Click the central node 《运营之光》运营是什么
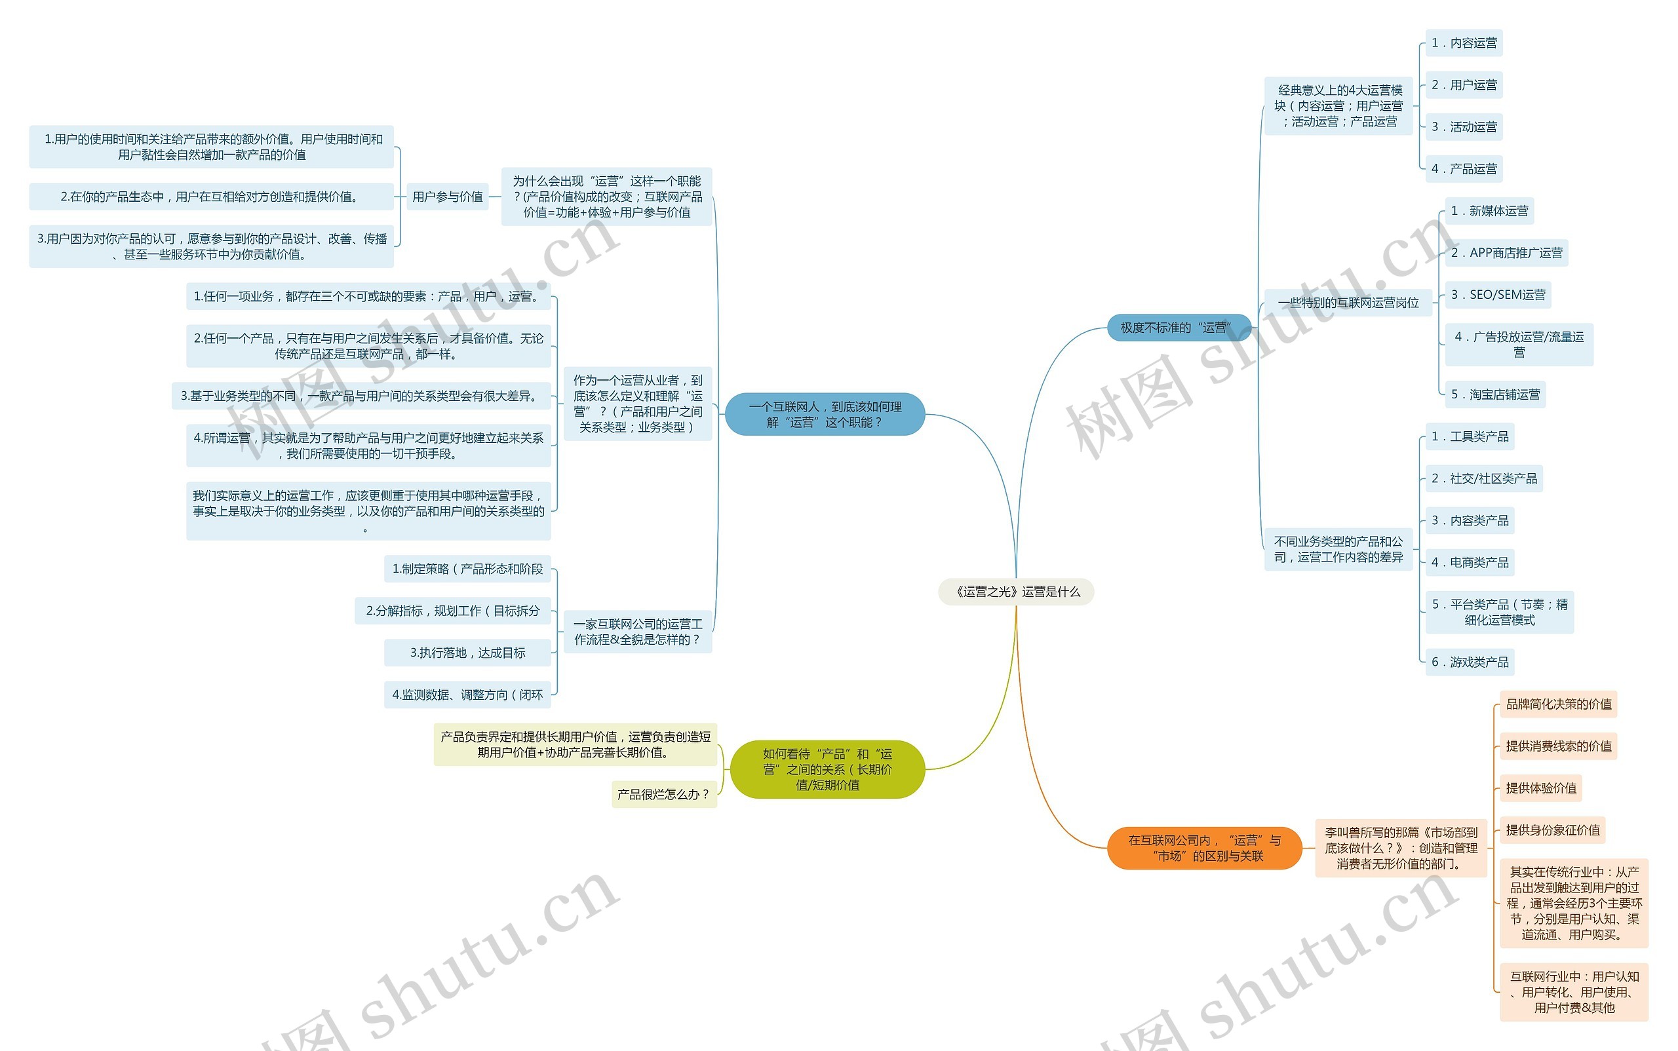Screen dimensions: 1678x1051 tap(1016, 592)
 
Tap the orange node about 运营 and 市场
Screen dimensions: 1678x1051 tap(1203, 848)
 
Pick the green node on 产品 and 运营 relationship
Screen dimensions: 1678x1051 tap(827, 769)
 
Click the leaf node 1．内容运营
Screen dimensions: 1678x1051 tap(1463, 43)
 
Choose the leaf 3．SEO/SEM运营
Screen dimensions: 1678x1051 tap(1497, 295)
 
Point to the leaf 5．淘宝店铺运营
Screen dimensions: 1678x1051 tap(1494, 395)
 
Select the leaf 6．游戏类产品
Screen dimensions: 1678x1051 tap(1470, 662)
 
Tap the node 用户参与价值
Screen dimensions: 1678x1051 tap(447, 197)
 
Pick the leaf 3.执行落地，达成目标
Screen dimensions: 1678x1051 tap(467, 653)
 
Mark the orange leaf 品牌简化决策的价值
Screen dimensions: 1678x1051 tap(1557, 704)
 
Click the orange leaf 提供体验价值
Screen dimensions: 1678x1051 tap(1540, 788)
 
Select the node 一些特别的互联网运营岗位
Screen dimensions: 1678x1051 tap(1348, 302)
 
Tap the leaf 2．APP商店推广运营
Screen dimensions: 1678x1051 tap(1506, 253)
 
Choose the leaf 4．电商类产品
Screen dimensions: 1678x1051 tap(1470, 562)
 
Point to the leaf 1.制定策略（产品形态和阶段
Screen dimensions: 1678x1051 tap(467, 569)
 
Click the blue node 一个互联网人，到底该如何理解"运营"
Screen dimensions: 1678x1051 tap(825, 414)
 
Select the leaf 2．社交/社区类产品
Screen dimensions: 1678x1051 tap(1483, 478)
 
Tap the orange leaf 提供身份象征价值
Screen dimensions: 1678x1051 tap(1552, 830)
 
